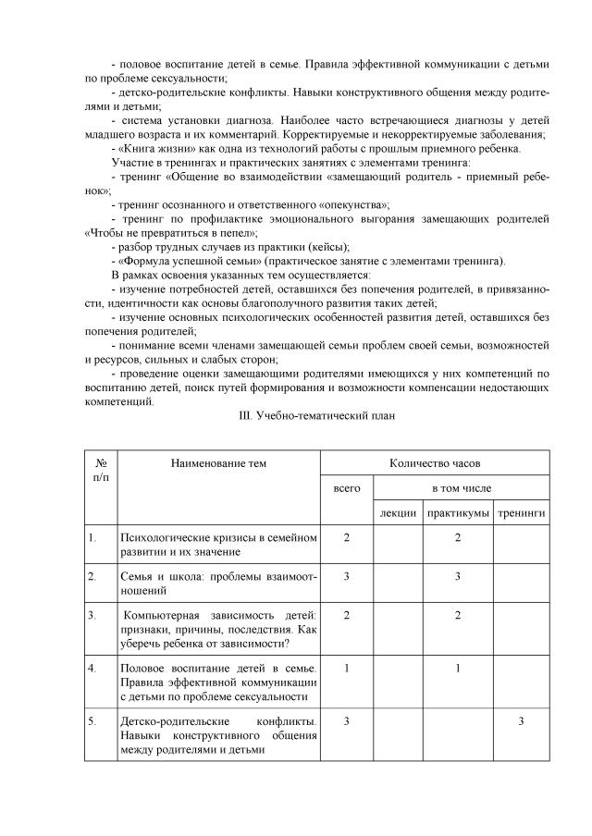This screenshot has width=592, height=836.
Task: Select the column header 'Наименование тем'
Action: point(218,462)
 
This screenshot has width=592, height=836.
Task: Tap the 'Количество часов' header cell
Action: point(435,462)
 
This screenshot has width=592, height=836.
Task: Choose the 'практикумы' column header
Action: point(458,512)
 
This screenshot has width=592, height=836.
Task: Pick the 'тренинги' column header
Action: point(521,512)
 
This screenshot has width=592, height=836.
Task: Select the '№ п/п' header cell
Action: point(99,470)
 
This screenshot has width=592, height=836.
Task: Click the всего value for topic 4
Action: point(346,668)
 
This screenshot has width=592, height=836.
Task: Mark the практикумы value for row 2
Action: point(458,576)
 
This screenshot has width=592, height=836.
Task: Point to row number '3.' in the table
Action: point(92,615)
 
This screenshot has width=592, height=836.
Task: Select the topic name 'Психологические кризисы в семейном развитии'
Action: point(218,545)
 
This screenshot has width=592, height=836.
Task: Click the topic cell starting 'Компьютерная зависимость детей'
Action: point(218,629)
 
